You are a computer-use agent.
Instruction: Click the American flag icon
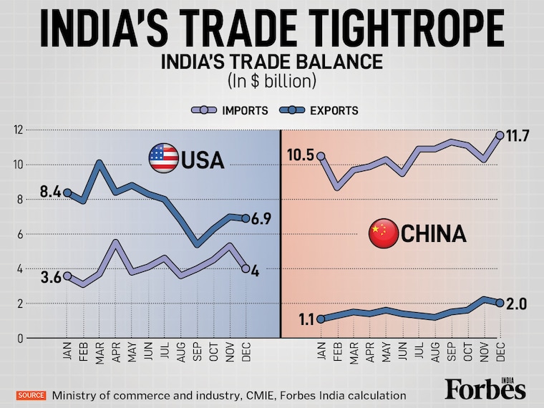coord(162,157)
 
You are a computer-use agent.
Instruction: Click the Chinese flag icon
coord(382,233)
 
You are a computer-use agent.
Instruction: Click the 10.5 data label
coord(301,155)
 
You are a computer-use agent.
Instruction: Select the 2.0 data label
coord(515,303)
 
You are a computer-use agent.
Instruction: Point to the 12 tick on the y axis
coord(18,130)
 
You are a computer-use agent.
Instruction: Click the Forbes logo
coord(485,389)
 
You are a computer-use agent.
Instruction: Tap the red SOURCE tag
coord(31,395)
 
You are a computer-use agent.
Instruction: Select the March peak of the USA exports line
coord(99,162)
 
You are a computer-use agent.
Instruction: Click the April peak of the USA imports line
coord(115,241)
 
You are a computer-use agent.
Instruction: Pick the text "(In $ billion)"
coord(271,81)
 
